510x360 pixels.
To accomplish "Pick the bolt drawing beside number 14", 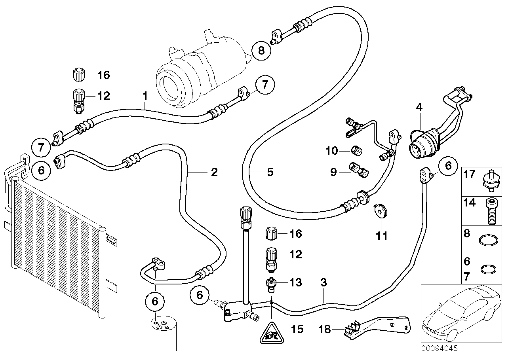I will [x=489, y=210].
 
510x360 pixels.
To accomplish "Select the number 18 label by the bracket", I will [x=325, y=329].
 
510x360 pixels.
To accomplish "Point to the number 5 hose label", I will [x=270, y=172].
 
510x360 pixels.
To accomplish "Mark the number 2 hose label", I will [x=214, y=172].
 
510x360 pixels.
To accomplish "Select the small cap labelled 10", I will [x=356, y=150].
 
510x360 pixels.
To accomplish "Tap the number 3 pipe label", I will [x=324, y=283].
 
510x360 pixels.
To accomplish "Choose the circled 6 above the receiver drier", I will [x=155, y=301].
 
